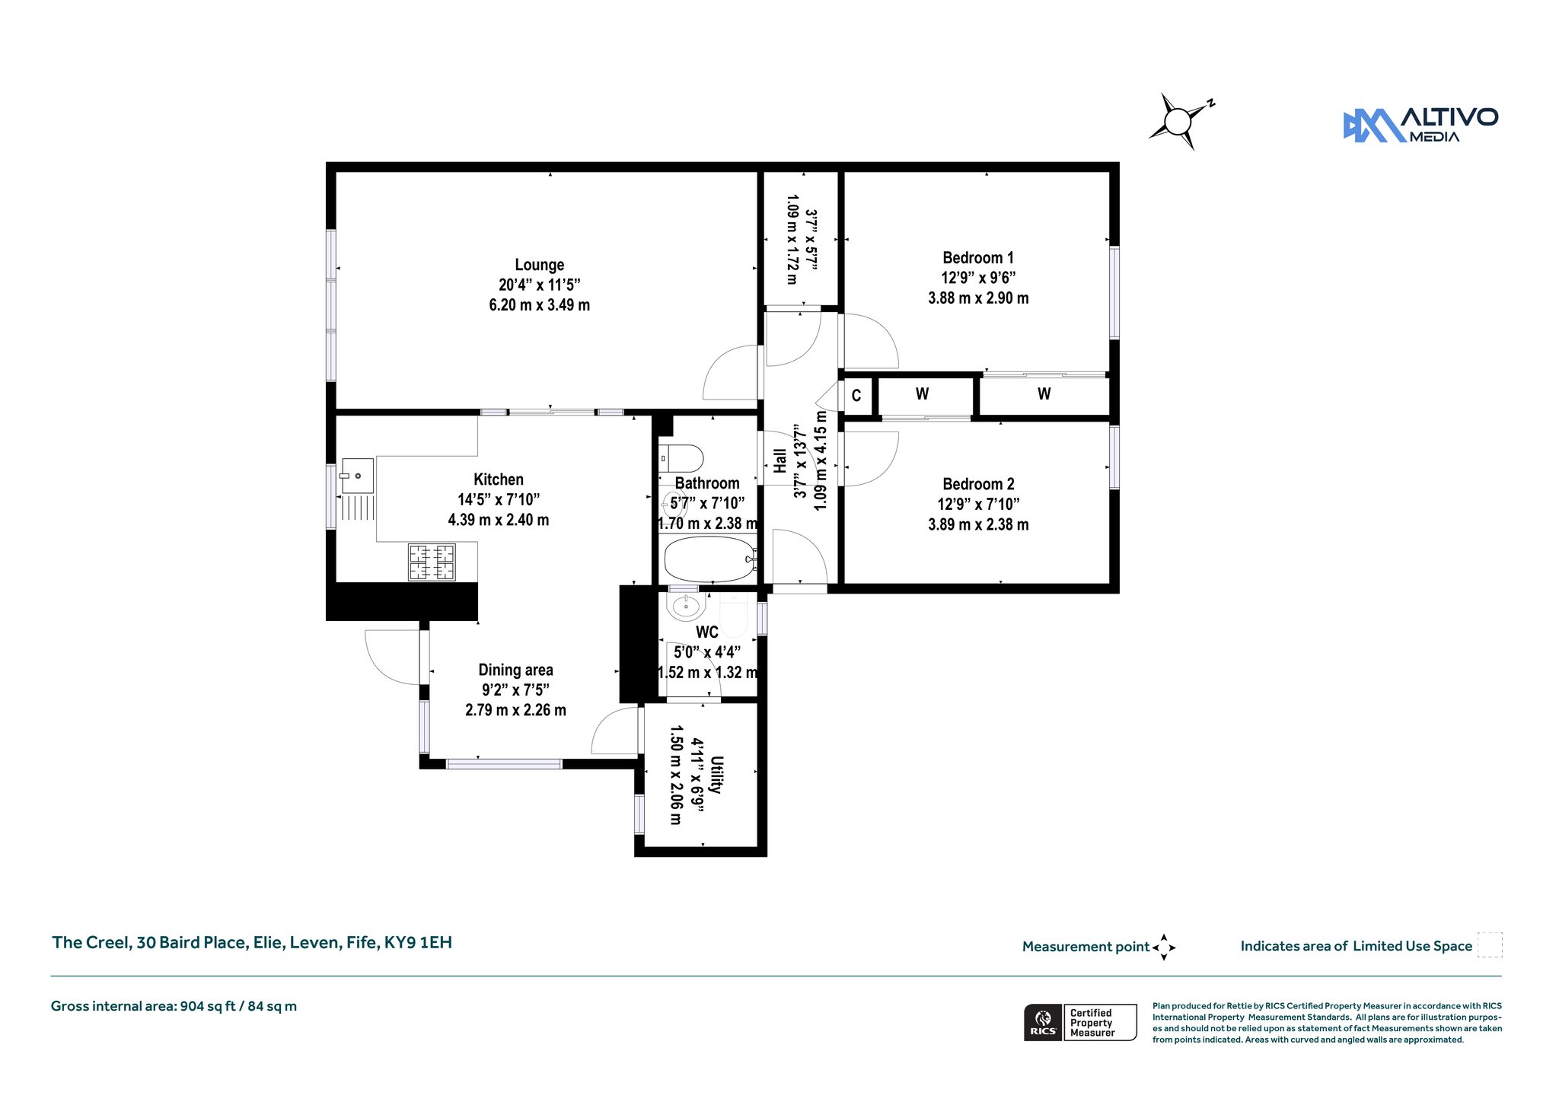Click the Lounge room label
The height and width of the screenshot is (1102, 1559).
tap(540, 265)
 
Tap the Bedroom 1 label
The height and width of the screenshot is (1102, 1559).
tap(978, 258)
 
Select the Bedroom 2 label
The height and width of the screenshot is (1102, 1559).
tap(978, 484)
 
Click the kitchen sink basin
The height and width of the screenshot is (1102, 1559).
tap(357, 476)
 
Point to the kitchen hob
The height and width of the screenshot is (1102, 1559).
tap(432, 562)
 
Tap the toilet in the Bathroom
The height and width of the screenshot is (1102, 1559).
tap(681, 459)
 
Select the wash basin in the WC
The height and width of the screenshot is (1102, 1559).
tap(685, 607)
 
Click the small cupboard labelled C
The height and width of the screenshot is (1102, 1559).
tap(856, 396)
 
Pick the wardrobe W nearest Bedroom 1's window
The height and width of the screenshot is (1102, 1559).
tap(1044, 394)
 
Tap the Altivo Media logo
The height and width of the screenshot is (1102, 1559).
tap(1420, 125)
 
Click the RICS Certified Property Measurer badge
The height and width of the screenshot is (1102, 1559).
tap(1080, 1022)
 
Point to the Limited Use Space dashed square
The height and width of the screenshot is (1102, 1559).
tap(1490, 944)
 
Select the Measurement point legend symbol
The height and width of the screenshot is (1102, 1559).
tap(1164, 948)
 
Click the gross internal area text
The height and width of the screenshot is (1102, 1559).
tap(174, 1006)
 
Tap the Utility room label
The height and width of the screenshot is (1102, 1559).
tap(716, 775)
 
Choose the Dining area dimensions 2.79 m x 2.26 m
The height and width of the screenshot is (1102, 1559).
tap(515, 710)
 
